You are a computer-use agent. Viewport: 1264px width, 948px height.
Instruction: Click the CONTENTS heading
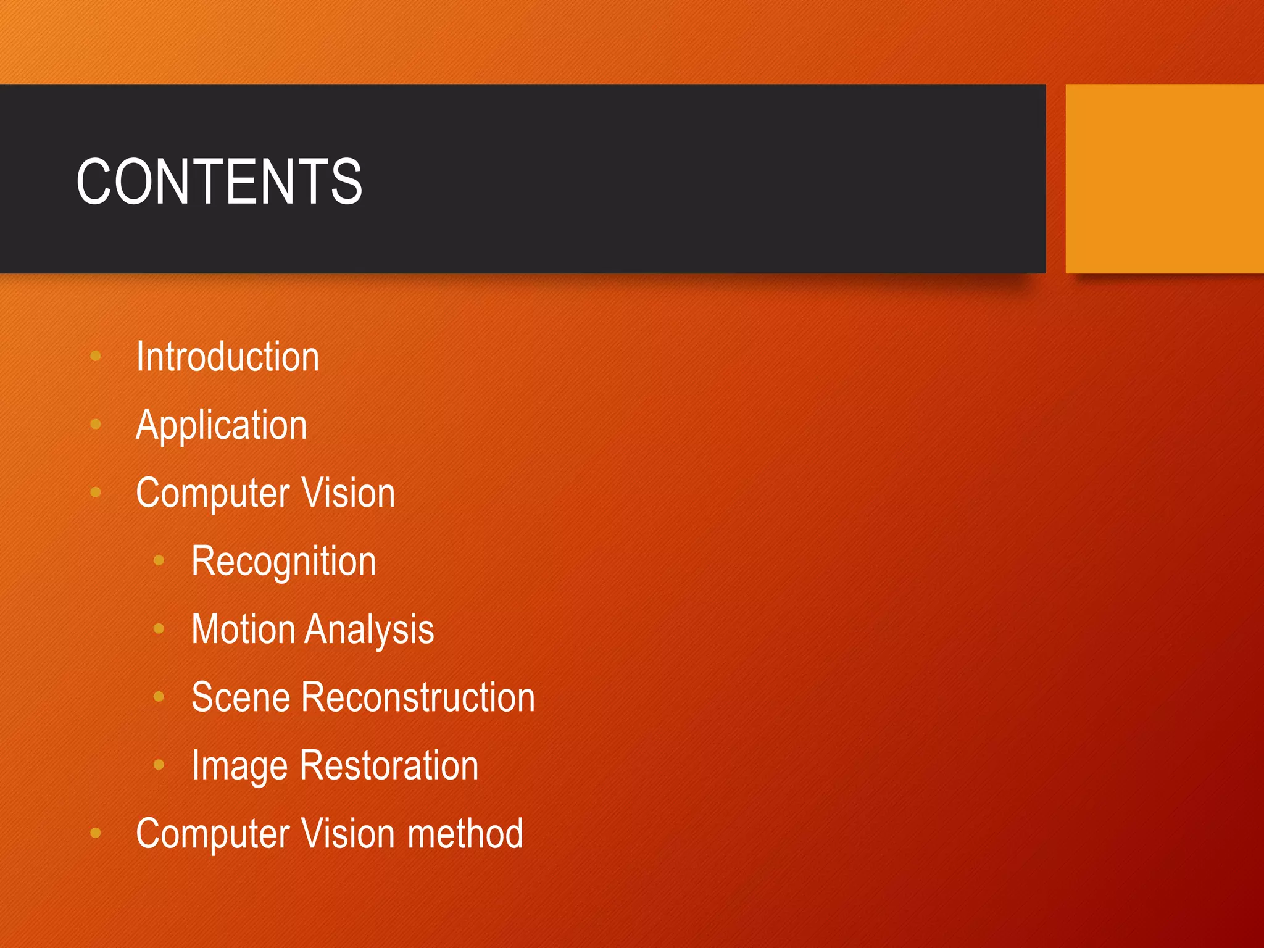click(219, 181)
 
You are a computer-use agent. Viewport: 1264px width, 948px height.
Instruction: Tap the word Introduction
click(228, 357)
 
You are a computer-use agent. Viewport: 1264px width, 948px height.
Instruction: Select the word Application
click(222, 425)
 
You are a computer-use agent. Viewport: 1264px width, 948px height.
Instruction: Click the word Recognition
click(284, 562)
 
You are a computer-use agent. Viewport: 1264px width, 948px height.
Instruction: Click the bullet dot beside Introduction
click(96, 356)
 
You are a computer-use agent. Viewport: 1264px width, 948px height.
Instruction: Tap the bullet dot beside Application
click(96, 424)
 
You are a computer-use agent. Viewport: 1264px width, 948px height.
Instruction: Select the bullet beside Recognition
click(159, 560)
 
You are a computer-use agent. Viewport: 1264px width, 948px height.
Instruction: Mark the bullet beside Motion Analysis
click(159, 629)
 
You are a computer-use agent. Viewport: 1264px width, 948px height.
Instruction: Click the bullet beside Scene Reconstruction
click(159, 697)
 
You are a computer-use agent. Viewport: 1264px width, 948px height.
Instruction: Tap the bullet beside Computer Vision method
click(96, 833)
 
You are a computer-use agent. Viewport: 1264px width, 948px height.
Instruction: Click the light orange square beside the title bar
click(1164, 178)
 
